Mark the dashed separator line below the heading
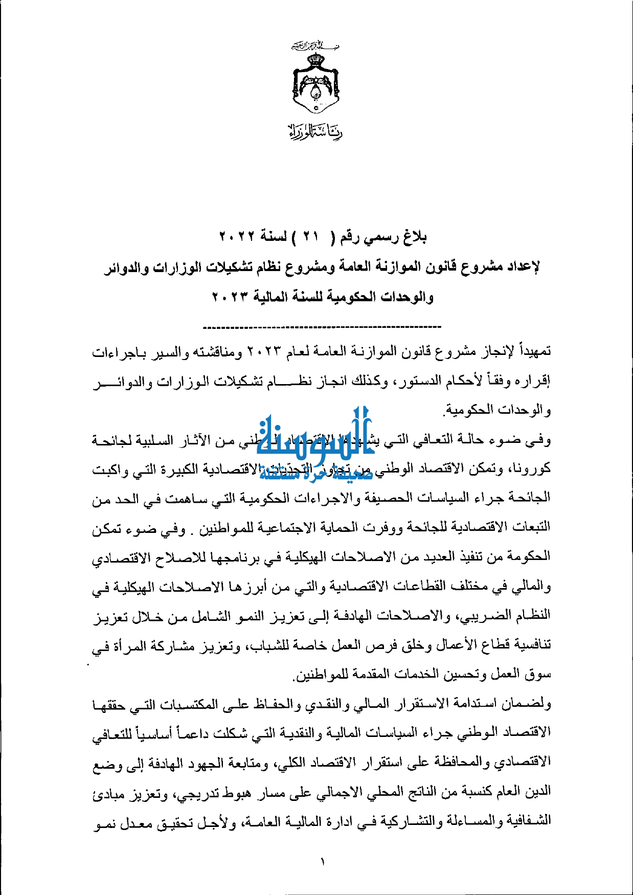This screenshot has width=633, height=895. tap(322, 326)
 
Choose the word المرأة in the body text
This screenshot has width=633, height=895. tap(133, 645)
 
